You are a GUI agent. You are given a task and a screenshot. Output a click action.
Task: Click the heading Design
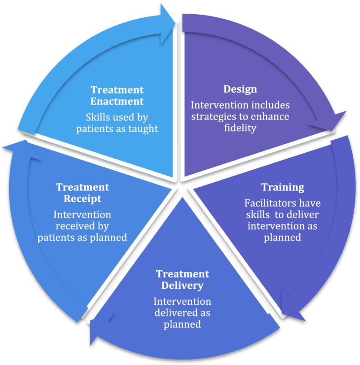(x=240, y=89)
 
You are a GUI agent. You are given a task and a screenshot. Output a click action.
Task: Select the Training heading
(x=282, y=187)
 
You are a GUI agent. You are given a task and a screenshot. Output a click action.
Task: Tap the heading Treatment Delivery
(x=183, y=280)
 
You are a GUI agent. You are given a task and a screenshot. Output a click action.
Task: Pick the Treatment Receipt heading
(x=83, y=193)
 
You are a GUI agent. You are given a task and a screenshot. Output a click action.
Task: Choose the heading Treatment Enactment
(x=117, y=95)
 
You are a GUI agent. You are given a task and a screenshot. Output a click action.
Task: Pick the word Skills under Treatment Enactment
(x=99, y=117)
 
